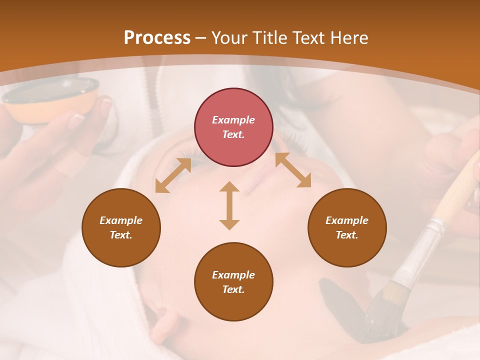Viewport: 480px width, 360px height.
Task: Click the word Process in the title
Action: [x=157, y=38]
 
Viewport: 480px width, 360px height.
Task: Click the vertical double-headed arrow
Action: [x=229, y=205]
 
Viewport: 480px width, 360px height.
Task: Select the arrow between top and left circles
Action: [x=173, y=175]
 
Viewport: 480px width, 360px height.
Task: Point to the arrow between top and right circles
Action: [x=293, y=170]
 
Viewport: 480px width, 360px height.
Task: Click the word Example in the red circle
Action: [x=233, y=120]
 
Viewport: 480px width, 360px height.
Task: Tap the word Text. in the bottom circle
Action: [x=233, y=289]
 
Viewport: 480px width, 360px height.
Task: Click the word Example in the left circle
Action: [x=121, y=220]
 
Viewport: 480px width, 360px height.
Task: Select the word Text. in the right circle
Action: [x=347, y=235]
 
